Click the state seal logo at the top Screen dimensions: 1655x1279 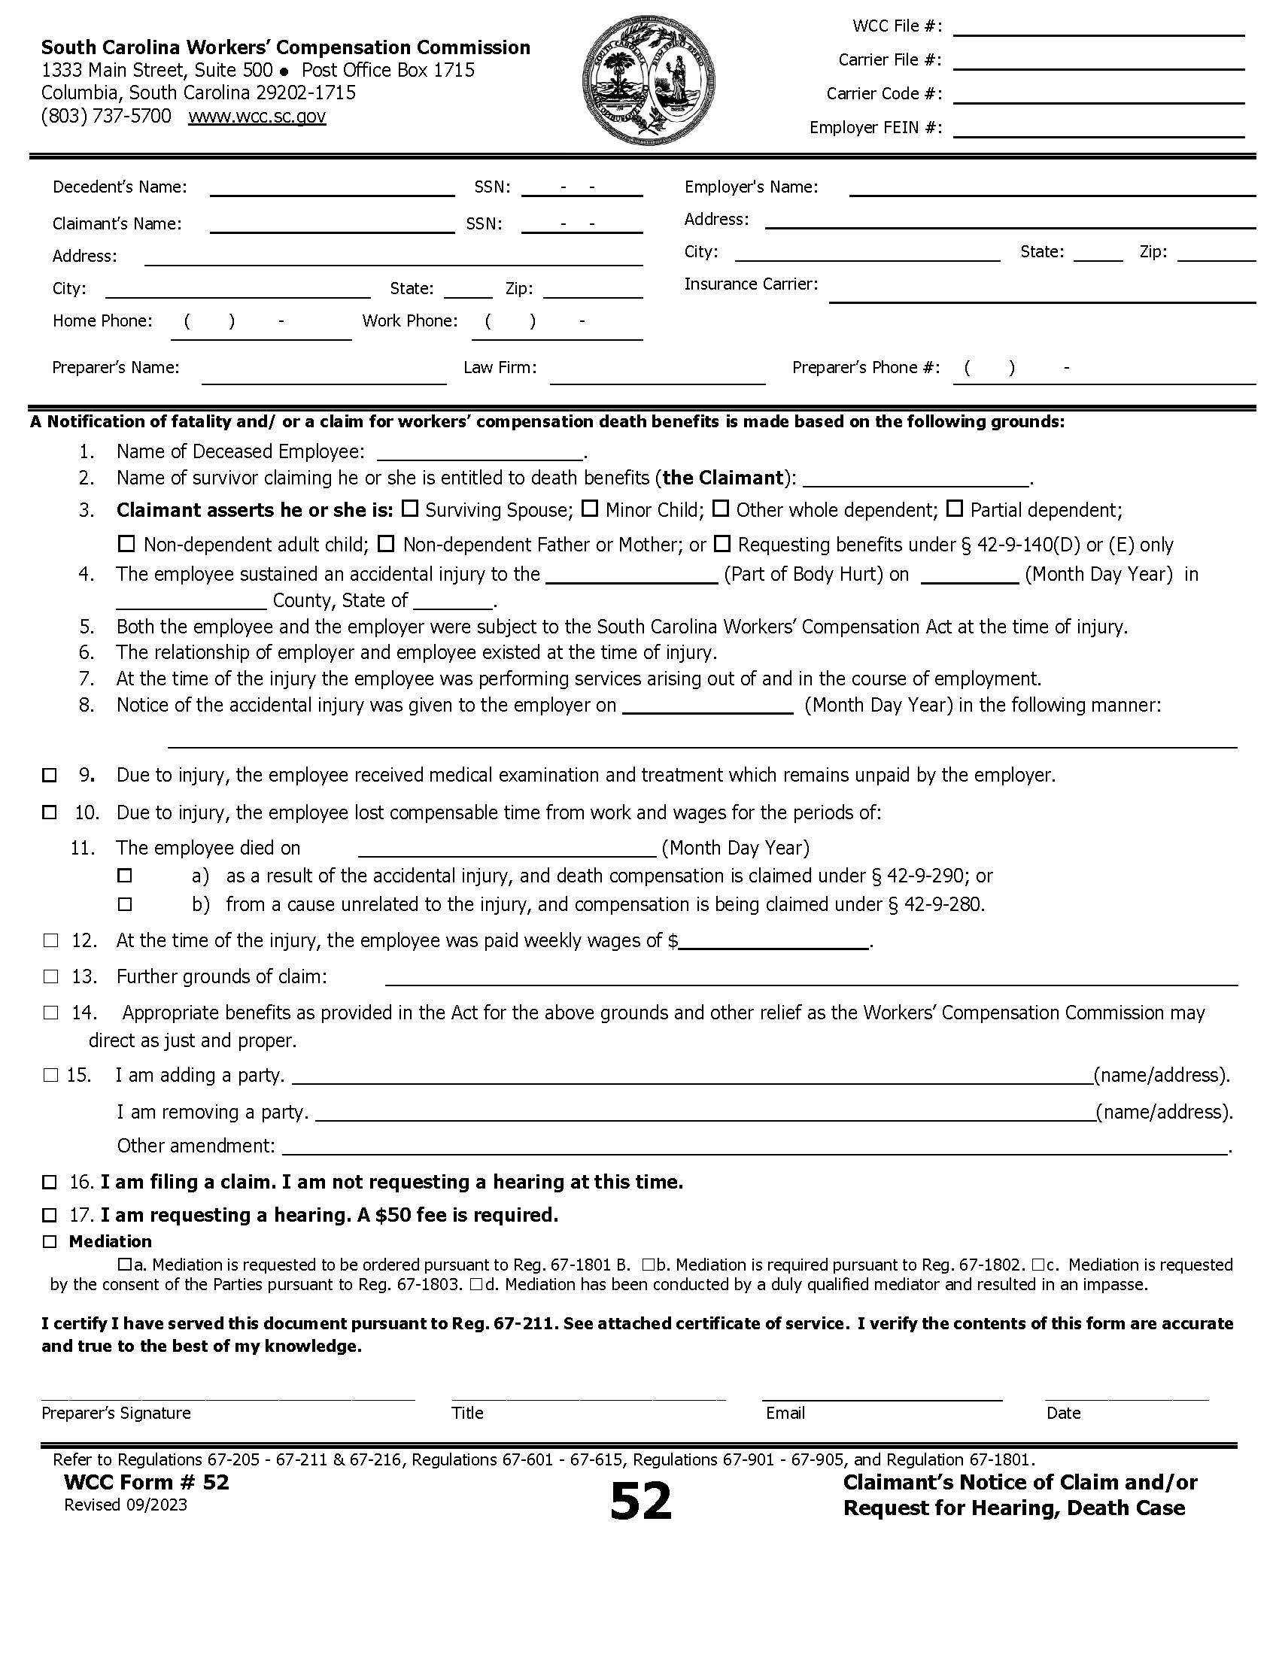point(649,80)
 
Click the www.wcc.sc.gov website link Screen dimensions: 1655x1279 point(257,117)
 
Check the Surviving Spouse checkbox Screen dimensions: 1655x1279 point(410,509)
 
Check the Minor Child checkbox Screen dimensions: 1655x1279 point(590,509)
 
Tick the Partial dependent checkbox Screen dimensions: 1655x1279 point(955,509)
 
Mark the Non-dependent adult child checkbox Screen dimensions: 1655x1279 point(126,544)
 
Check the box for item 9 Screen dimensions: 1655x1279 point(49,775)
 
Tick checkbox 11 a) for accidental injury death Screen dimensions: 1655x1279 point(125,876)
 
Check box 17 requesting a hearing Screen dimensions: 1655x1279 point(49,1216)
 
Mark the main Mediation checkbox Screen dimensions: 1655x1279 point(49,1242)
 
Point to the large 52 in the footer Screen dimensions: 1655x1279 point(640,1502)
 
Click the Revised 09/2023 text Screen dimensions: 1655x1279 point(125,1505)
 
